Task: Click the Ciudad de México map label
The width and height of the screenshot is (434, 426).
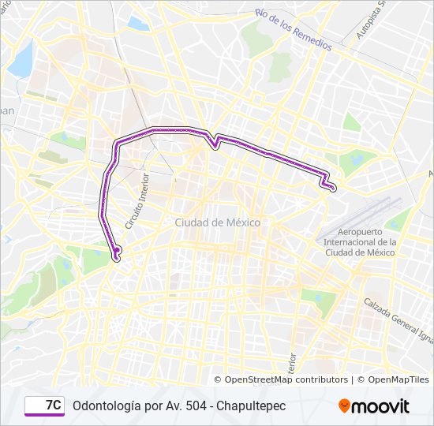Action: [217, 222]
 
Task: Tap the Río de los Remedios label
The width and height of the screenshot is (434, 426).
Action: [293, 29]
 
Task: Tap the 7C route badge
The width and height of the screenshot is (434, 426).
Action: [44, 405]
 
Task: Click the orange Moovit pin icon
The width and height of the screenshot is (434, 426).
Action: [345, 405]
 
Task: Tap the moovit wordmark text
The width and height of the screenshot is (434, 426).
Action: [381, 406]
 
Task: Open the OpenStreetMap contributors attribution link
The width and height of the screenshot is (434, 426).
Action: [286, 379]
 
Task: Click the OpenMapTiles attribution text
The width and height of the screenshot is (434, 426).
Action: [398, 379]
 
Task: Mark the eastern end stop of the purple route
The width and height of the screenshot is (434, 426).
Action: [333, 188]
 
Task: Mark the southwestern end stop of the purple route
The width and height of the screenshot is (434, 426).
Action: [118, 251]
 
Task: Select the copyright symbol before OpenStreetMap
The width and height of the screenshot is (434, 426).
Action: [219, 379]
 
